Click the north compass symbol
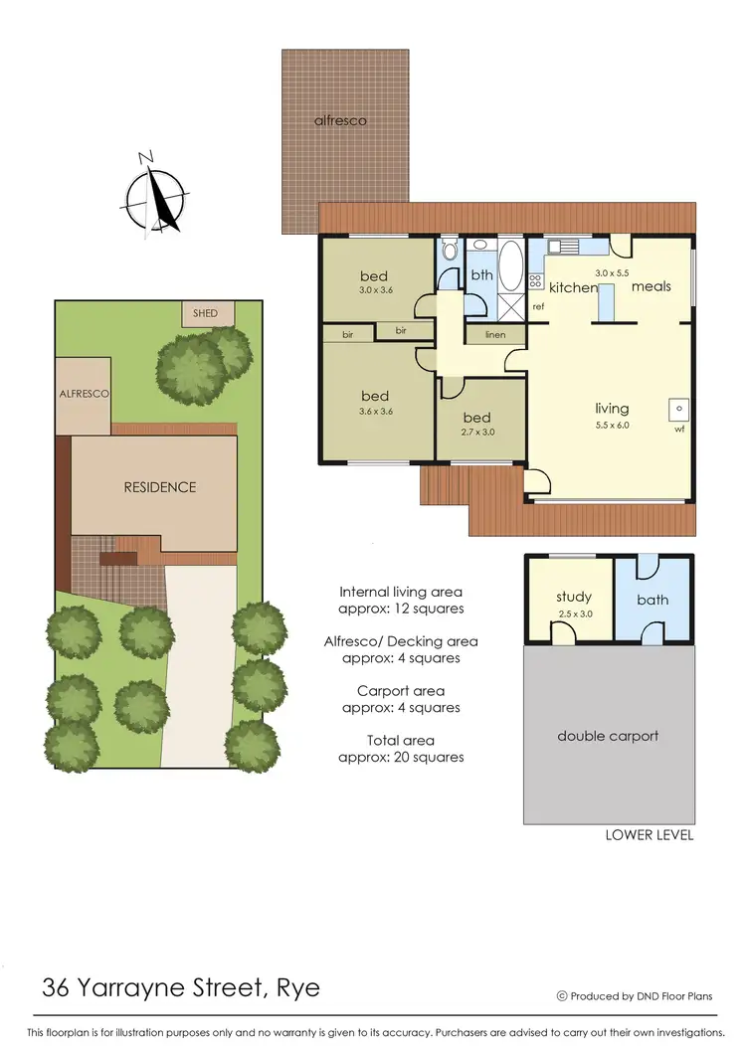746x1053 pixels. (154, 194)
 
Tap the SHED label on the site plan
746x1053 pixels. (206, 313)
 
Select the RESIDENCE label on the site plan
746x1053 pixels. (160, 487)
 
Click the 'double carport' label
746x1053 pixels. (608, 736)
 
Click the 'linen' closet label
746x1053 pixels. (495, 335)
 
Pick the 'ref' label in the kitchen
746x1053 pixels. (538, 307)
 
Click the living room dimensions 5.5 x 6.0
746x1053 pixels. (612, 425)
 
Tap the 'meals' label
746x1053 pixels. (652, 286)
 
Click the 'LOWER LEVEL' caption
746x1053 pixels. (650, 835)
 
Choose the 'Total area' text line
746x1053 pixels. (401, 741)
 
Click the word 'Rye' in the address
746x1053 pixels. (297, 989)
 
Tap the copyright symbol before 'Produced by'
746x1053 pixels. (562, 995)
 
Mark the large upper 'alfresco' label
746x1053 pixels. (340, 120)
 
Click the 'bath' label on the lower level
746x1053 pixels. (653, 600)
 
